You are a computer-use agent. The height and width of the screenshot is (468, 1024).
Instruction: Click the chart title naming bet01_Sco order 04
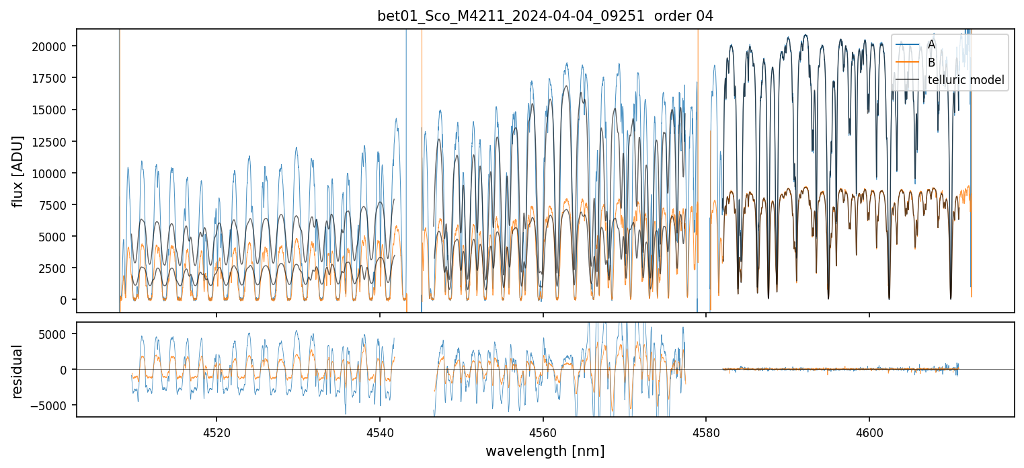[x=545, y=15]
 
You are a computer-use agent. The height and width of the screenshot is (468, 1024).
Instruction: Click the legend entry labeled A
[x=931, y=44]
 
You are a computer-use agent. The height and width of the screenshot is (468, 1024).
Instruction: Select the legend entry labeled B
[x=931, y=63]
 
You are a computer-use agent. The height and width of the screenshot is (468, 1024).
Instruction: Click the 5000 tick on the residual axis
[x=58, y=334]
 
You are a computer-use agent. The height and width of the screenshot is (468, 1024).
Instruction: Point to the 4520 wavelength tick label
[x=216, y=430]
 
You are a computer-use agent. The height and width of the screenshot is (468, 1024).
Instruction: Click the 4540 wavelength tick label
[x=380, y=430]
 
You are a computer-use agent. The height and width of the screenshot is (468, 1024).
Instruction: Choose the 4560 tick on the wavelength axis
[x=543, y=430]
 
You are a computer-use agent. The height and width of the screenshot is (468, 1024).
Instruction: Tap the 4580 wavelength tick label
[x=706, y=430]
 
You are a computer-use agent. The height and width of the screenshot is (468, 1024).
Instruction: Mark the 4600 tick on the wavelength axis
[x=869, y=430]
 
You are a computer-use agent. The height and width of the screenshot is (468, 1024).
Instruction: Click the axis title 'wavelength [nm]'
[x=545, y=451]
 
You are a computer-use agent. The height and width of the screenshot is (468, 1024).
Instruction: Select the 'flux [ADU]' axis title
[x=18, y=171]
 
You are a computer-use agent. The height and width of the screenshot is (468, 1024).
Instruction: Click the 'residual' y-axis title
[x=18, y=370]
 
